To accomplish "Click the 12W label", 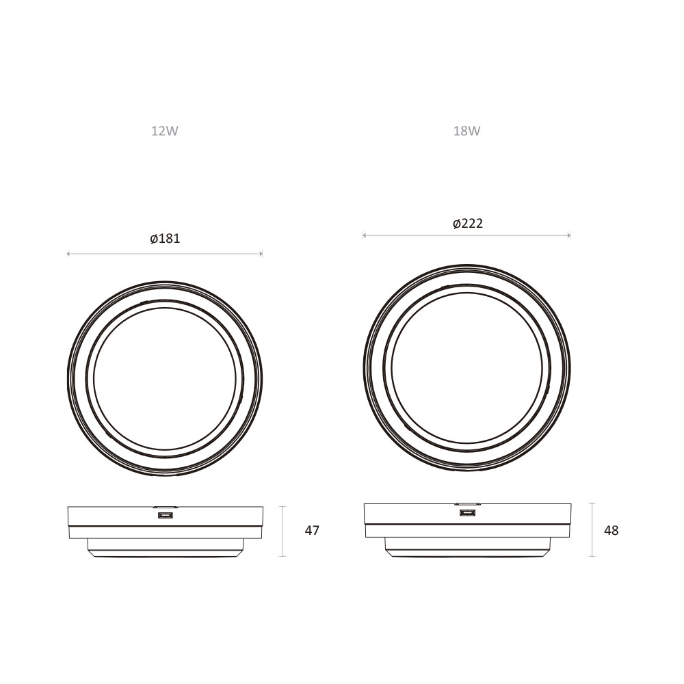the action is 164,131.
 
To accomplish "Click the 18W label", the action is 466,131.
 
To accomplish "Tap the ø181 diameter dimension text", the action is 165,239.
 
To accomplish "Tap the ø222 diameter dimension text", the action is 468,224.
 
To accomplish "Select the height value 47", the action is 312,531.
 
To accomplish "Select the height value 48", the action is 611,531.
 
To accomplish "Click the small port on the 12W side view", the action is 166,516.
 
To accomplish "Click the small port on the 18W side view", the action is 466,512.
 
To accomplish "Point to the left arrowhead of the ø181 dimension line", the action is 68,254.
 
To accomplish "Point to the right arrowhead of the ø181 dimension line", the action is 261,254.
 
